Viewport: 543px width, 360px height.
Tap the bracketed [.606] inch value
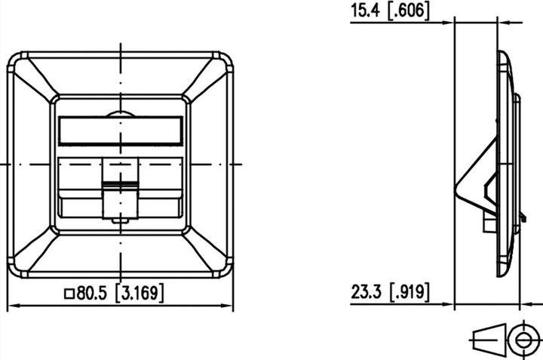[x=406, y=11]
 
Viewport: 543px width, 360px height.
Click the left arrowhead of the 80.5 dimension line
[x=14, y=306]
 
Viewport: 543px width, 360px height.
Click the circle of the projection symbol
[x=520, y=339]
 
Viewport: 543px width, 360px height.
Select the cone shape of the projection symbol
[x=489, y=339]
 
